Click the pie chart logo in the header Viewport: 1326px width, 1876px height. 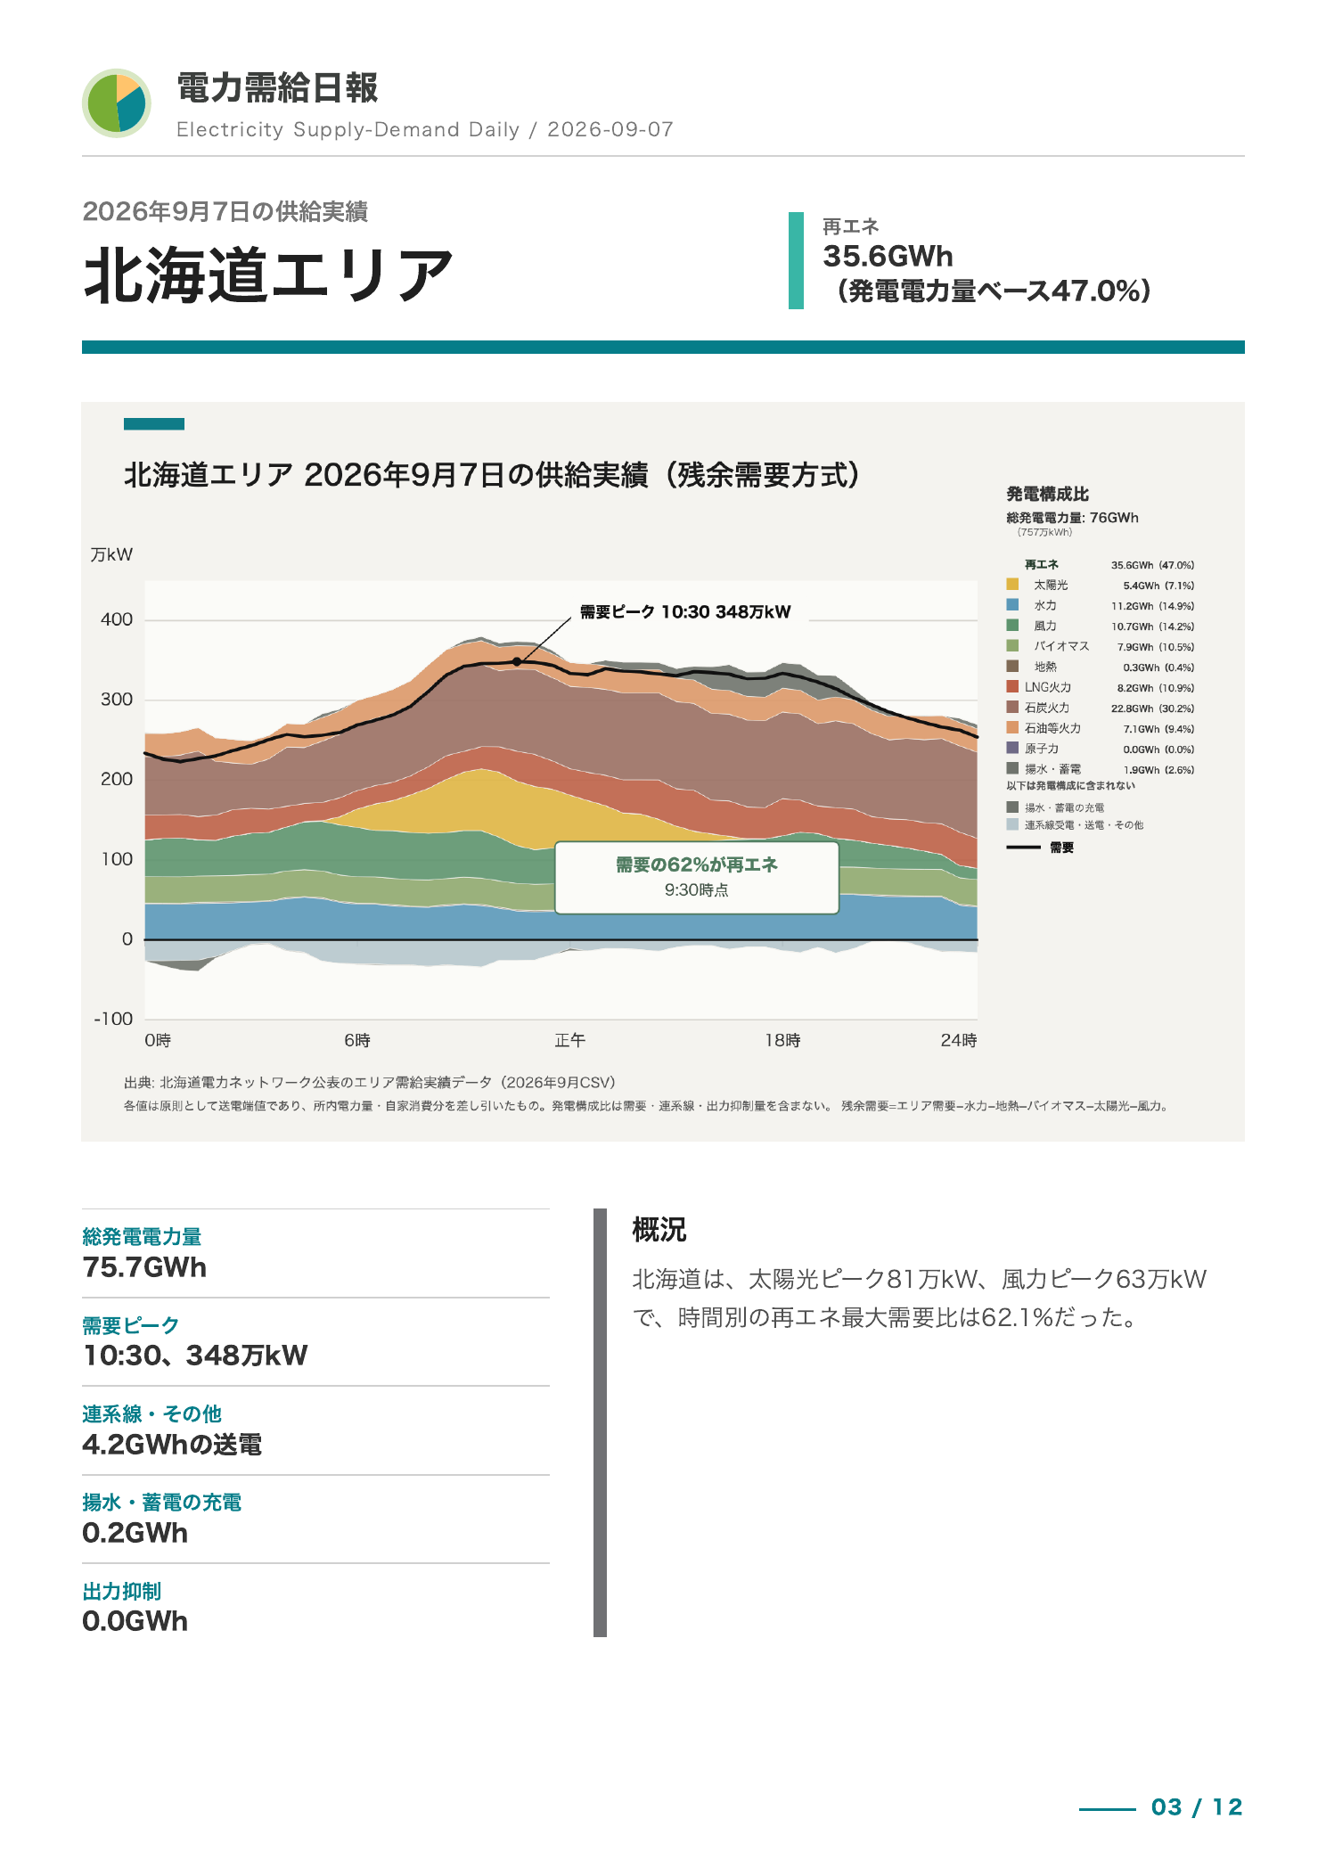pos(117,103)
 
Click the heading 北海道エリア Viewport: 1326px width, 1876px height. pos(268,275)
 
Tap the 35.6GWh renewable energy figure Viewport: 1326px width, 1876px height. pos(888,257)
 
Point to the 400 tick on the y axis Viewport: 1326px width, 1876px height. pos(117,619)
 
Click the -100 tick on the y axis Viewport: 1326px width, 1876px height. pos(113,1019)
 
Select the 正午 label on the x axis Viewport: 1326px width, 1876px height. pos(570,1040)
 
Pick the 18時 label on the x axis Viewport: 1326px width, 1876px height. pos(782,1040)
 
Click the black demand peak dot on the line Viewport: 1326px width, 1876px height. pos(517,662)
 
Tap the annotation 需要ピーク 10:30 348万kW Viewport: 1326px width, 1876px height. pos(685,612)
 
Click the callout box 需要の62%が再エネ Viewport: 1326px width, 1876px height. pos(697,878)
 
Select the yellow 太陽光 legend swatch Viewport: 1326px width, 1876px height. pos(1012,585)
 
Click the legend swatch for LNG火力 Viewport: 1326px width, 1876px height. pos(1012,687)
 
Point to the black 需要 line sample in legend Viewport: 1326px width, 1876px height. pos(1023,848)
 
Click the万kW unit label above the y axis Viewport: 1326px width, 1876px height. pos(111,554)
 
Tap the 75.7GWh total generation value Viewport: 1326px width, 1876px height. pos(144,1267)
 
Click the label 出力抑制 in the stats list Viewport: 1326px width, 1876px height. pos(122,1592)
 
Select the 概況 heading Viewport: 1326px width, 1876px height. pos(659,1230)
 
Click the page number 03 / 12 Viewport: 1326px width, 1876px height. pos(1197,1806)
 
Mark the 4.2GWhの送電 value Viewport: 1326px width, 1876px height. pos(172,1444)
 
